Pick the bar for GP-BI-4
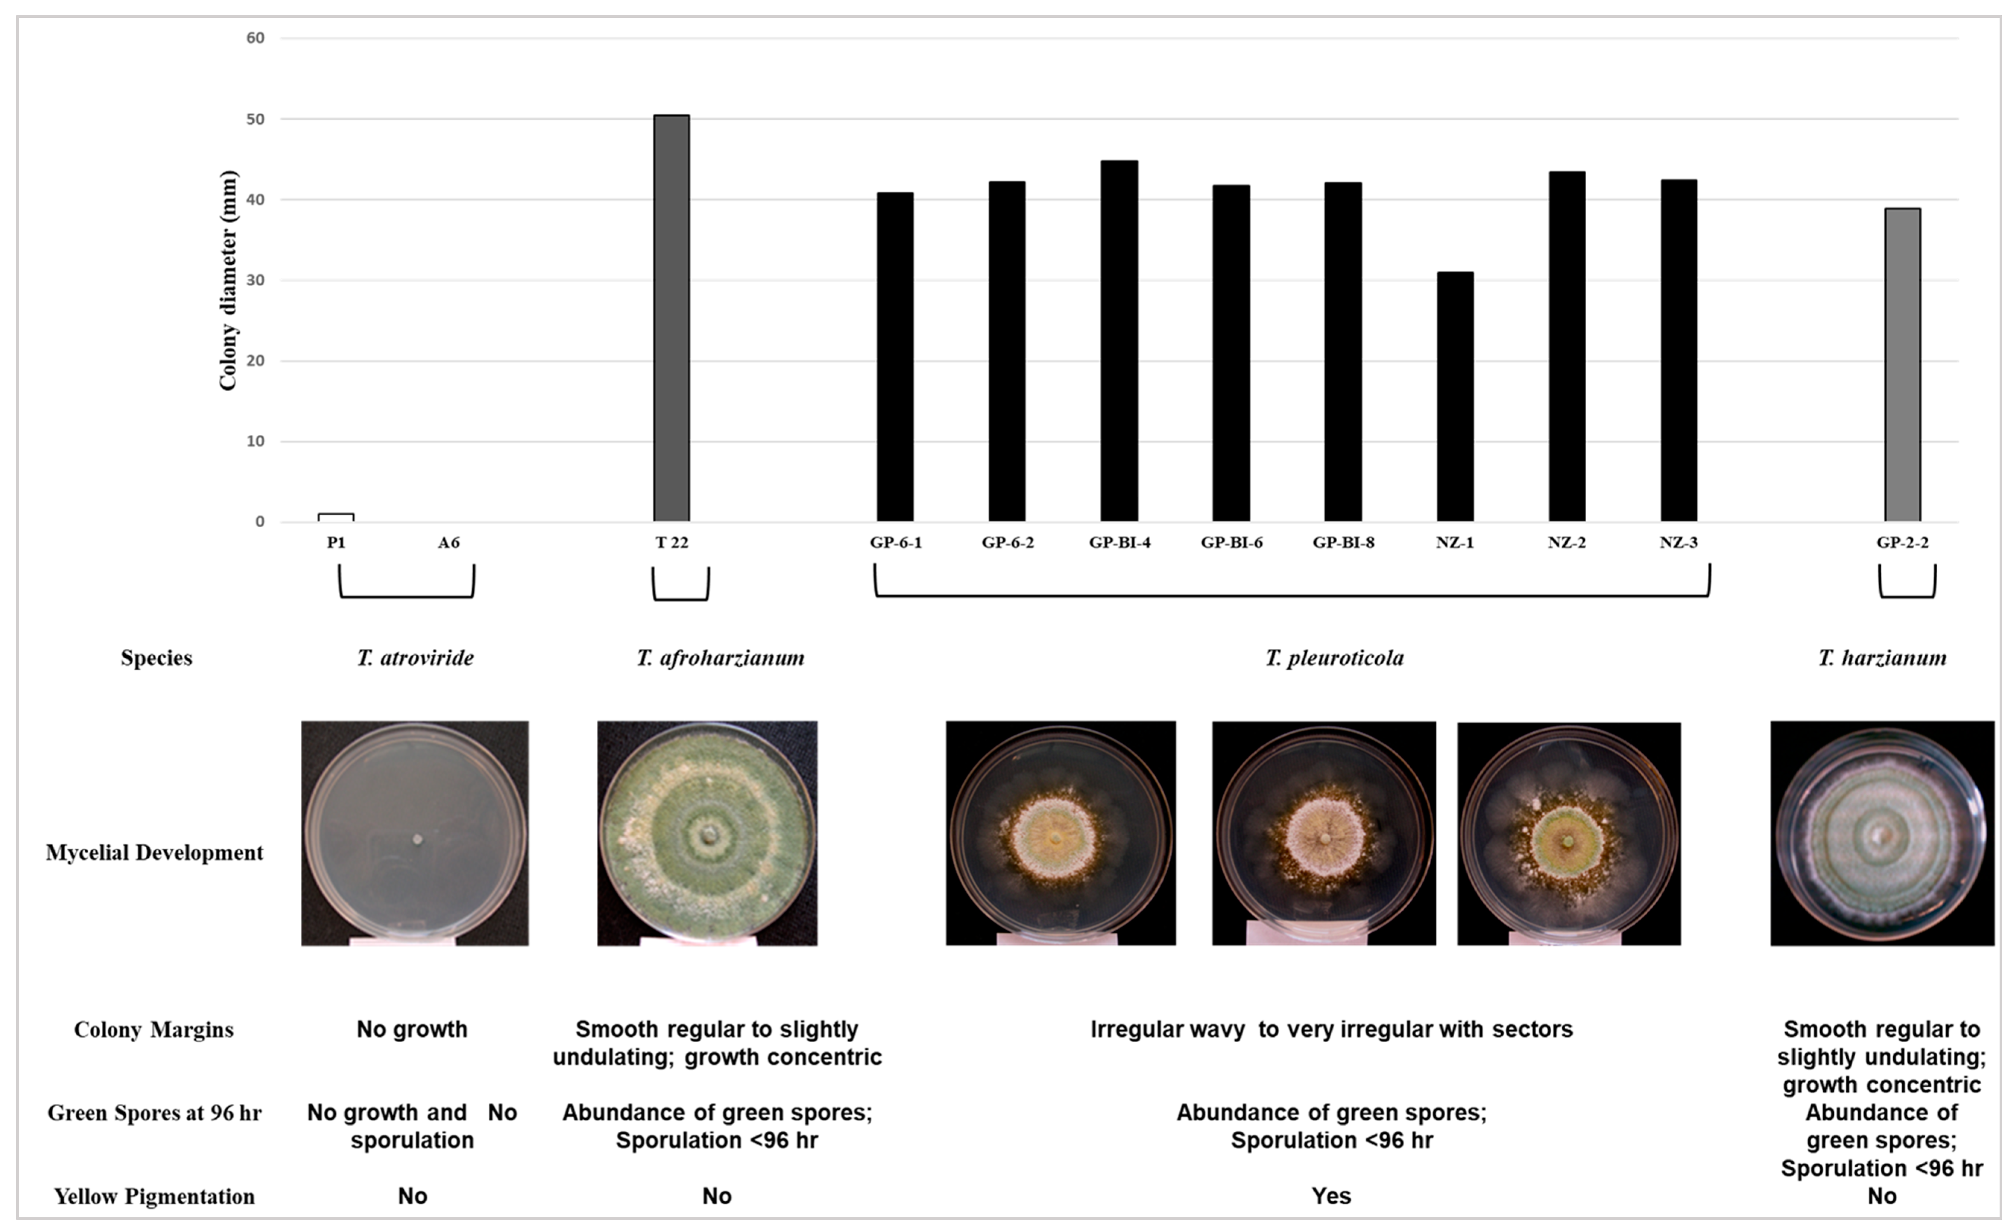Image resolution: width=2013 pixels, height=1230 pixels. click(1119, 341)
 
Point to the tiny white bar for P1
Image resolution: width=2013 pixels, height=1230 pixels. click(336, 517)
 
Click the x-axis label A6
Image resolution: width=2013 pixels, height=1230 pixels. click(448, 542)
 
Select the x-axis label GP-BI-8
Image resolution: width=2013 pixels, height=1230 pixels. click(1343, 542)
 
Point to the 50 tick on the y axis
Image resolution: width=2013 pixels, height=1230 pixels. click(256, 119)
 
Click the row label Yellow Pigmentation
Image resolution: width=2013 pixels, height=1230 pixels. click(154, 1196)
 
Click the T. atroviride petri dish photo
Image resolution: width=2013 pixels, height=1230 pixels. click(415, 833)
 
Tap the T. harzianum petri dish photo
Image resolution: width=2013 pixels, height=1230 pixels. click(1882, 833)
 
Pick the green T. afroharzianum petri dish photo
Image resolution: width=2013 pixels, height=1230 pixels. click(707, 833)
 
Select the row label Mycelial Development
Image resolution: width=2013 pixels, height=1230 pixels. click(154, 853)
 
